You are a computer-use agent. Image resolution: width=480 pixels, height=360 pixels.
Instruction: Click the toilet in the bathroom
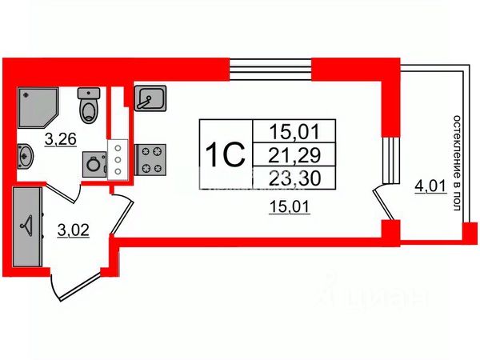click(89, 104)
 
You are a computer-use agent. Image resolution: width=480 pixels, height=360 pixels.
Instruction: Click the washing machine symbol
click(94, 164)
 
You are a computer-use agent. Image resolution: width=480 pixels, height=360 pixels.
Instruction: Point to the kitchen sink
click(150, 99)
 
